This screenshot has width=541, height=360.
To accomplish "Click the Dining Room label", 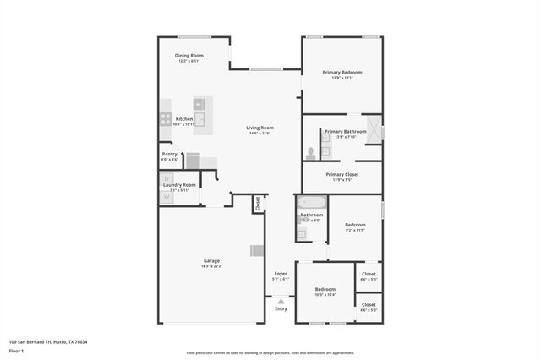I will point(189,56).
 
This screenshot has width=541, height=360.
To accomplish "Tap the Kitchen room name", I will point(184,119).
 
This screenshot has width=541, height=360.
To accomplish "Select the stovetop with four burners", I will point(166,119).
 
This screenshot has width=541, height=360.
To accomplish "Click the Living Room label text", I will point(260,128).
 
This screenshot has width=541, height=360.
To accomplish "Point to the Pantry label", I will point(170,155).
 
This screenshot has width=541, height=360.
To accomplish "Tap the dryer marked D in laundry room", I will point(167,178).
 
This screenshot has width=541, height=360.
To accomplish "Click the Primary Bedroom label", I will point(342,73).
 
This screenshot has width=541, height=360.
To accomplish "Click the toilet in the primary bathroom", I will point(311,153).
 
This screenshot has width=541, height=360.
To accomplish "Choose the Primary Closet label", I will point(342,174).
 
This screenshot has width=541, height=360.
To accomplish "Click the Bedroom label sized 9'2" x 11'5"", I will point(355,225).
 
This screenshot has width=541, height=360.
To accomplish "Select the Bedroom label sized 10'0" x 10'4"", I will point(325,289).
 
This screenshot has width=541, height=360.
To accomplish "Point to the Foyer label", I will point(281,275).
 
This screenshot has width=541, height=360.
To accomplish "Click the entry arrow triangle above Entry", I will point(281,300).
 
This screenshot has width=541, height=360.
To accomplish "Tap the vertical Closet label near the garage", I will point(258,204).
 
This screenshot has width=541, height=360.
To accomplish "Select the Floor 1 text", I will point(15,350).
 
